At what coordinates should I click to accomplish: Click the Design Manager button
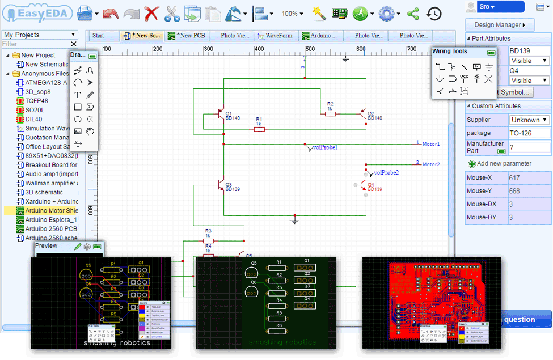click(x=499, y=25)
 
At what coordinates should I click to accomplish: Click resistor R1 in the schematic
click(x=259, y=129)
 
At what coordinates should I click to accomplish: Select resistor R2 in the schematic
click(x=330, y=113)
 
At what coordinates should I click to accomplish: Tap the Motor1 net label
click(x=430, y=145)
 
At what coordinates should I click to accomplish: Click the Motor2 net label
click(x=430, y=164)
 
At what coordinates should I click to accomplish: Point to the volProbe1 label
click(x=325, y=147)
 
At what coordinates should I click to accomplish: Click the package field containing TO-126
click(x=529, y=133)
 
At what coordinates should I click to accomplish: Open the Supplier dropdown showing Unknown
click(x=529, y=120)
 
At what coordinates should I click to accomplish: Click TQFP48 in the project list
click(x=36, y=101)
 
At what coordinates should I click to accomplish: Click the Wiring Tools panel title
click(x=450, y=52)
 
